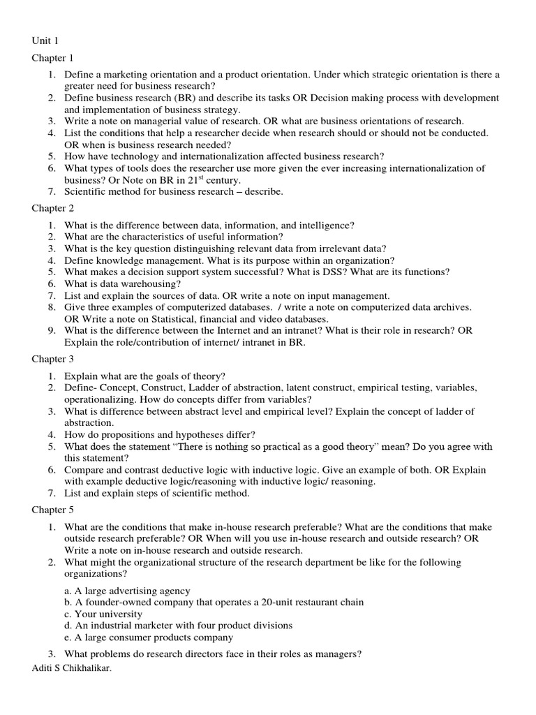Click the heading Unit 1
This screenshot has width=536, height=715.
pyautogui.click(x=45, y=40)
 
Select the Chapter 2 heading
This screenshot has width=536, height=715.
pyautogui.click(x=52, y=208)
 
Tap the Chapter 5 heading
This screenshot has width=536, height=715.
pyautogui.click(x=52, y=510)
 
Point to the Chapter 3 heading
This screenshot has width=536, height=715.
pyautogui.click(x=52, y=359)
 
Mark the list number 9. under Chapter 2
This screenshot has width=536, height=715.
pyautogui.click(x=52, y=330)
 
